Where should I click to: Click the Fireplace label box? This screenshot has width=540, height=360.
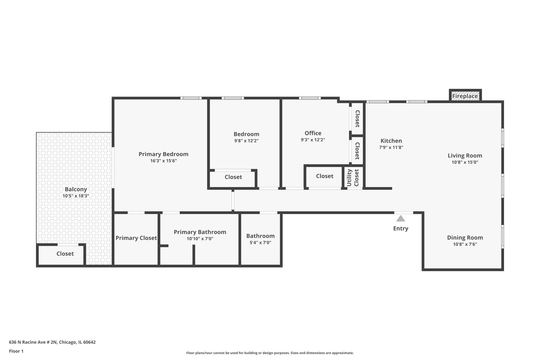coord(465,96)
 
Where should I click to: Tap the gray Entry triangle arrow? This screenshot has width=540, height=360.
coord(401,219)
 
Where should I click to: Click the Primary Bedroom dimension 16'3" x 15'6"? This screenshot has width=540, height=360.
coord(163,161)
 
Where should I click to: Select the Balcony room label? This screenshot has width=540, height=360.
coord(76,189)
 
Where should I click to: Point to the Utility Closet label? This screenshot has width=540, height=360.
coord(353,178)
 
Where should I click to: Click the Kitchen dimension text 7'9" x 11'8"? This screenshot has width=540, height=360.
coord(391,147)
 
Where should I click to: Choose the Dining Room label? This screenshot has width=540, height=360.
coord(465,238)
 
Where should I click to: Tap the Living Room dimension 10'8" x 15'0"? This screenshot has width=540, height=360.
coord(465,162)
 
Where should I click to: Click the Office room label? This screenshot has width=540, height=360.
coord(313,133)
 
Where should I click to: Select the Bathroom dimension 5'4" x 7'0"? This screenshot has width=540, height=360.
coord(260,243)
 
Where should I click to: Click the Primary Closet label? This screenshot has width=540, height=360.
coord(136,238)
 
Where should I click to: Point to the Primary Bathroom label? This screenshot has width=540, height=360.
coord(200,232)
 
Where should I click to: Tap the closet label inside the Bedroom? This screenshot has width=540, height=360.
coord(233,177)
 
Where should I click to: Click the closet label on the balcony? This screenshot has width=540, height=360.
coord(65,254)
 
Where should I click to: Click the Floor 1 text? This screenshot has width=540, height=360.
coord(16,351)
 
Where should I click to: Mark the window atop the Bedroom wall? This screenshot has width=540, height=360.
coord(233,98)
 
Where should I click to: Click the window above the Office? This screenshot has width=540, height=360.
coord(310,98)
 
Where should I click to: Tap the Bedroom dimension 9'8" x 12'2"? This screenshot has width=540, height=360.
coord(246,141)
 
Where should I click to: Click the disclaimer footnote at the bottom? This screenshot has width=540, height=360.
coord(270,353)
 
